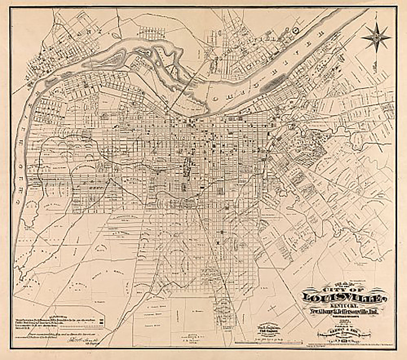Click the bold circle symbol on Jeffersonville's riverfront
click(296, 30)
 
